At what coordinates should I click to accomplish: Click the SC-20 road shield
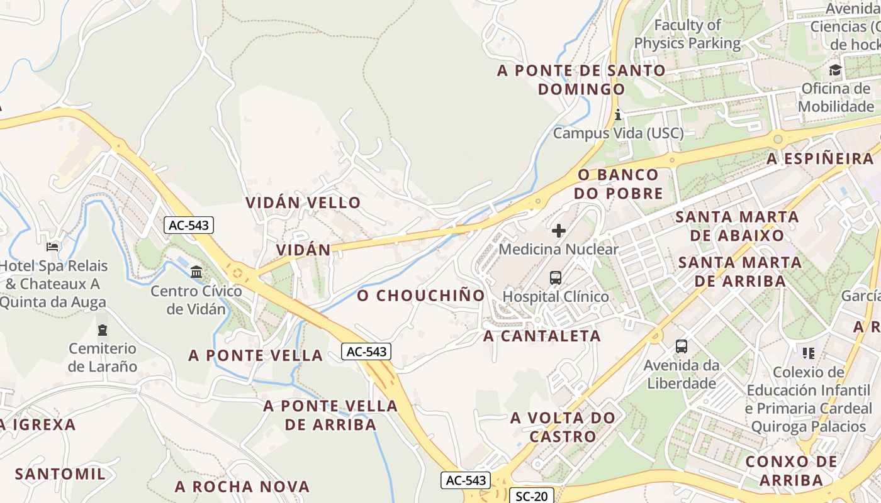click(x=531, y=496)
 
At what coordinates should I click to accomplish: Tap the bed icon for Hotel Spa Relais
click(x=52, y=246)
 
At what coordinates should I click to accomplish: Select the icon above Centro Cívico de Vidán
click(x=196, y=272)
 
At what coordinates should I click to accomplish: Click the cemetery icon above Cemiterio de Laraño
click(x=102, y=329)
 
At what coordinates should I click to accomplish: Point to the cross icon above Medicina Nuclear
click(x=558, y=231)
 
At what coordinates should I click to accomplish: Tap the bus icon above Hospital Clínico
click(x=556, y=277)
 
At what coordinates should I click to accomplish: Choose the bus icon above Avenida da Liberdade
click(x=682, y=346)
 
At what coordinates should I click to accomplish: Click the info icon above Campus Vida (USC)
click(x=618, y=114)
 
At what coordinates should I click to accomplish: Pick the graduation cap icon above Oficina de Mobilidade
click(x=835, y=70)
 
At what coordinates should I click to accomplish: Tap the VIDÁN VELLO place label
click(x=303, y=202)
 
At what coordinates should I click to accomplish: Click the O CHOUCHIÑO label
click(x=422, y=296)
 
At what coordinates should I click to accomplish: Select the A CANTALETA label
click(x=542, y=336)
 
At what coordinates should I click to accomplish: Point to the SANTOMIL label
click(x=60, y=474)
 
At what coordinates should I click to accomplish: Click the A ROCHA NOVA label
click(x=242, y=487)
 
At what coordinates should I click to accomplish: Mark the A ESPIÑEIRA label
click(x=821, y=159)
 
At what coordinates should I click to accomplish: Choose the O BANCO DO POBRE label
click(x=618, y=184)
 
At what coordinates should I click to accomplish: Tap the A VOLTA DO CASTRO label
click(x=563, y=427)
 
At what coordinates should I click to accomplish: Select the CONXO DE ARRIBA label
click(x=792, y=471)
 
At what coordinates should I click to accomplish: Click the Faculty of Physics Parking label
click(x=687, y=35)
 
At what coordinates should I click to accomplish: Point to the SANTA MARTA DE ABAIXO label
click(x=738, y=226)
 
